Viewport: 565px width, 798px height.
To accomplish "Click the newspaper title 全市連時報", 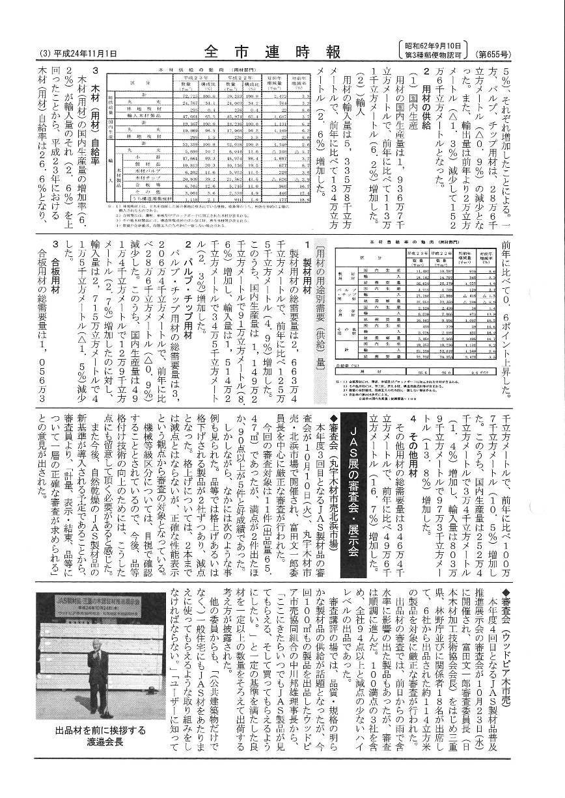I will pos(273,50).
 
